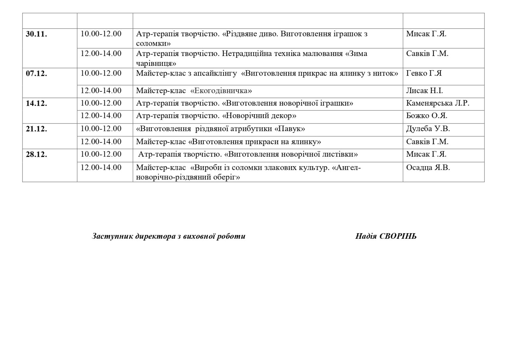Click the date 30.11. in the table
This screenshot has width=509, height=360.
(36, 34)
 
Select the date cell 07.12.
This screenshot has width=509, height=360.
(36, 74)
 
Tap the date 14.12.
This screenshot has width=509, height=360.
(36, 103)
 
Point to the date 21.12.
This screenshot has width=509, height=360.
(36, 129)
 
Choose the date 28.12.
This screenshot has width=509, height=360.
(36, 155)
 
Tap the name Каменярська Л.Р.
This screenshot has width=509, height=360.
(437, 103)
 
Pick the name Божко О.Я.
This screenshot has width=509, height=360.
(426, 116)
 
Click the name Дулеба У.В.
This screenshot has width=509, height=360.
(428, 129)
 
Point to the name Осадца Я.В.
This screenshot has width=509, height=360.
(428, 168)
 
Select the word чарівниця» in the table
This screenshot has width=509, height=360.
(156, 63)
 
